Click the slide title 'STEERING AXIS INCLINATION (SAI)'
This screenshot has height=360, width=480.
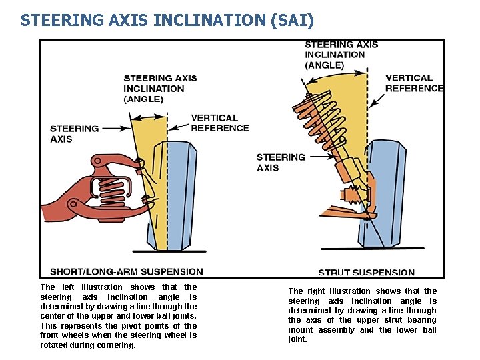(x=167, y=21)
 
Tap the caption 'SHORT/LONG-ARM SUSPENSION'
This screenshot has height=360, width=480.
(x=127, y=271)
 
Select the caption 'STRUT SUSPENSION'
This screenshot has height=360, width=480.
(x=366, y=272)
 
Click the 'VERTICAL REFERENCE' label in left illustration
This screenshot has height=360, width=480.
(x=219, y=123)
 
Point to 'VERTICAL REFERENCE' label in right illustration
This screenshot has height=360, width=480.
(x=414, y=83)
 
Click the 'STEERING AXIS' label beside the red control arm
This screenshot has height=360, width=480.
(x=74, y=134)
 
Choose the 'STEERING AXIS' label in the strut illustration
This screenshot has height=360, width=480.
(x=281, y=163)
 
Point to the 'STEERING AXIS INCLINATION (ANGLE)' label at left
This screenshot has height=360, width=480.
(x=160, y=89)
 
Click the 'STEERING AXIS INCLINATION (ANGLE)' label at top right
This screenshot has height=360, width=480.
(x=341, y=55)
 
